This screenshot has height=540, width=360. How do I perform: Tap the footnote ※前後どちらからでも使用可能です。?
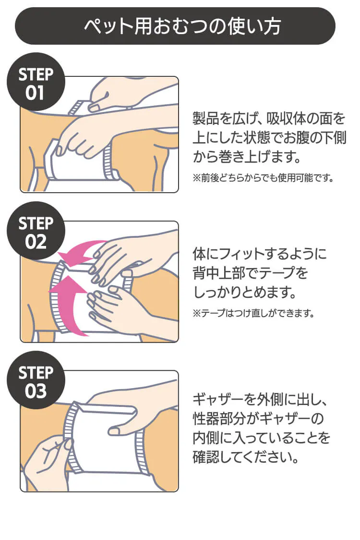point(263,178)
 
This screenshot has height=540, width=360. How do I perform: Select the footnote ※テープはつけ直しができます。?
point(253,313)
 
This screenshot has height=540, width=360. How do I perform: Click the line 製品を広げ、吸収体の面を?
point(269,118)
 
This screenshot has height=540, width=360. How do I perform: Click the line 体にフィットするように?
point(259,253)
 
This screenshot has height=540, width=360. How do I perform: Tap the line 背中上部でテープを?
point(250,272)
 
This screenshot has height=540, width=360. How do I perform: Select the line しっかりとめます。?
point(244,292)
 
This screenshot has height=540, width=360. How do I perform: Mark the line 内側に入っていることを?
point(262,437)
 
